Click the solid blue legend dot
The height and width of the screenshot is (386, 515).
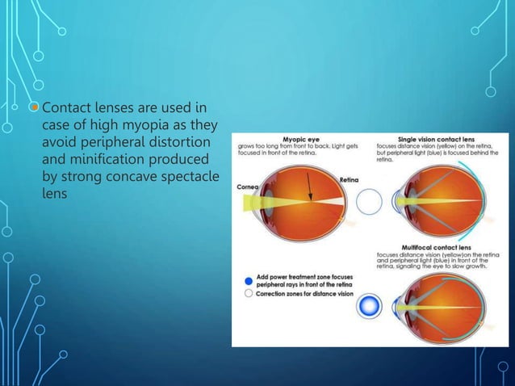pos(247,281)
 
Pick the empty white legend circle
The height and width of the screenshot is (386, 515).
pos(247,295)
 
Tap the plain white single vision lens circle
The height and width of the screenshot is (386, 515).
pos(368,201)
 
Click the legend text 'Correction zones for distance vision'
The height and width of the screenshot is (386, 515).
pos(304,295)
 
